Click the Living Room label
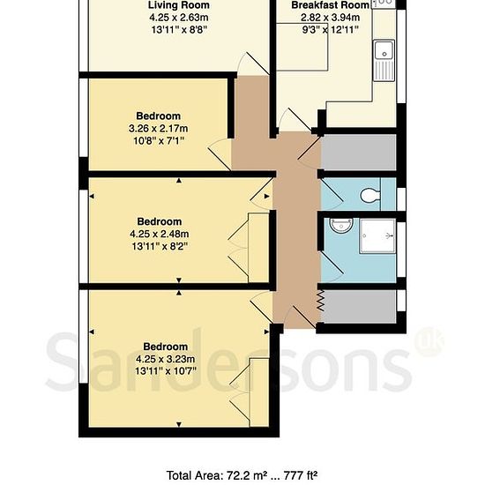click(178, 5)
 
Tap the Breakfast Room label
click(330, 5)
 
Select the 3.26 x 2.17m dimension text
click(159, 129)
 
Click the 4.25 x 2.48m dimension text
click(160, 234)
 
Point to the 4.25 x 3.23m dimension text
click(165, 359)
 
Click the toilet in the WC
click(370, 195)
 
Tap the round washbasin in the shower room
click(341, 225)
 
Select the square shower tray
click(377, 236)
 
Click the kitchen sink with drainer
click(384, 60)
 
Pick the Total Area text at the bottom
click(242, 474)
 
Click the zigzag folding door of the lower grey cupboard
click(320, 301)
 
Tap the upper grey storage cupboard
click(359, 153)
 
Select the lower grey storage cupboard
click(359, 307)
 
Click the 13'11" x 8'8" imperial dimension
click(179, 30)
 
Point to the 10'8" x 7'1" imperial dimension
click(159, 141)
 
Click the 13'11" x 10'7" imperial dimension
click(166, 370)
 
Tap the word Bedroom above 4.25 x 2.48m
click(160, 221)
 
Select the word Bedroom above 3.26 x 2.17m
click(159, 116)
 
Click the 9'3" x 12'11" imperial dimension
click(331, 30)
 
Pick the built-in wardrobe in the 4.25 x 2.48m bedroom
click(258, 248)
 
